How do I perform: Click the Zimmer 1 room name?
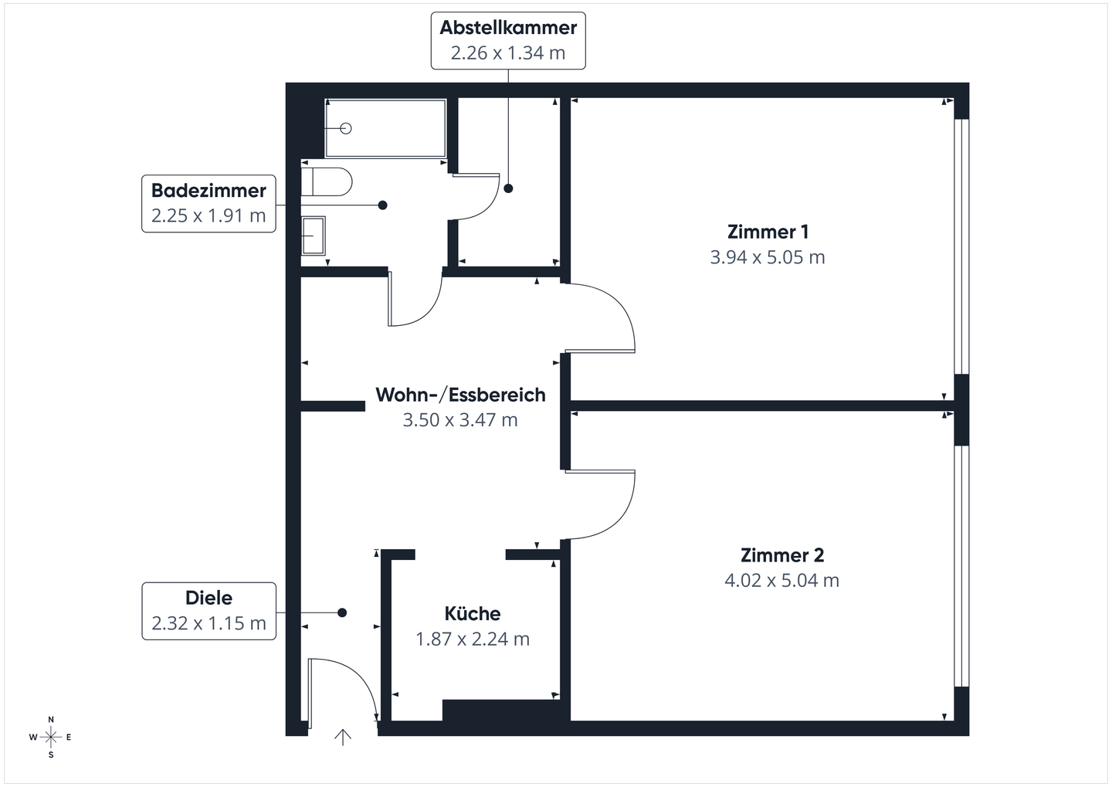click(768, 232)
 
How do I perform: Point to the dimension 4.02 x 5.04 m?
click(781, 581)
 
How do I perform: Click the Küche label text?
click(473, 614)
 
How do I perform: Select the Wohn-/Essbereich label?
click(460, 395)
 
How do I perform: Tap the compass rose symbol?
click(51, 738)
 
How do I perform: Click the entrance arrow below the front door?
click(343, 738)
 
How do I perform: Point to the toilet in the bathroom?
click(328, 182)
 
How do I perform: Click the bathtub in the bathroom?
click(385, 128)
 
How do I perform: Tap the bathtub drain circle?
click(346, 128)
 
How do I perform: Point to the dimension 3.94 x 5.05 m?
click(768, 257)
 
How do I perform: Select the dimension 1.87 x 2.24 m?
click(473, 639)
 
